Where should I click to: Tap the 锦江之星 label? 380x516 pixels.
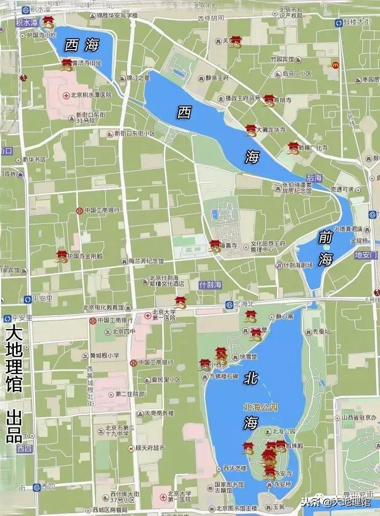click(x=137, y=78)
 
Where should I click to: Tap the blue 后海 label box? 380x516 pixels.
click(x=314, y=177)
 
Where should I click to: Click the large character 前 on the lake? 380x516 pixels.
click(x=325, y=238)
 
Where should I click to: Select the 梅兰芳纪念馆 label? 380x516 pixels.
click(x=146, y=261)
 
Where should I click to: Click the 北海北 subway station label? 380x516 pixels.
click(x=245, y=304)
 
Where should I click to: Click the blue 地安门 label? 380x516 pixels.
click(x=366, y=255)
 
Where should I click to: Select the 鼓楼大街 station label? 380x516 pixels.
click(x=357, y=22)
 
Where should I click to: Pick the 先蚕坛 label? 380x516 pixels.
click(x=321, y=332)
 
